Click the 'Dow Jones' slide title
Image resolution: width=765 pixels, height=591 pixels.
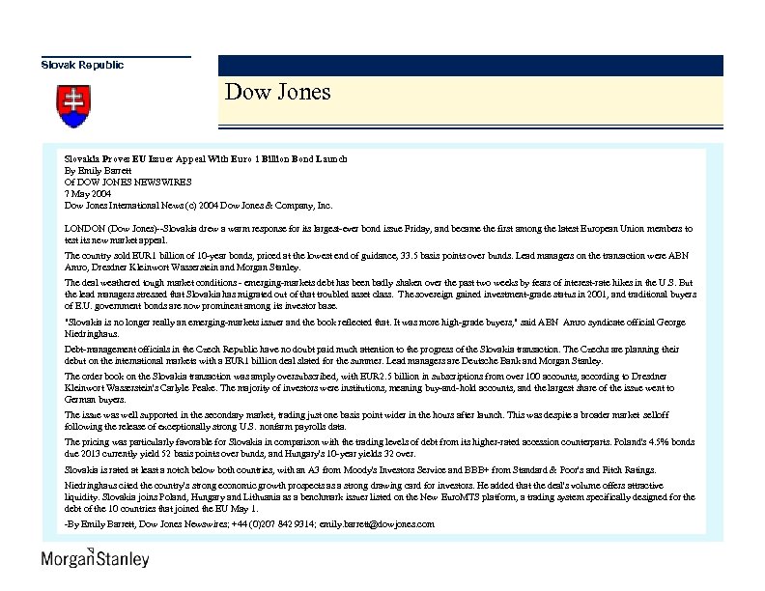(277, 93)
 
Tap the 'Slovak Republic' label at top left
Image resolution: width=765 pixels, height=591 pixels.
(82, 65)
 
